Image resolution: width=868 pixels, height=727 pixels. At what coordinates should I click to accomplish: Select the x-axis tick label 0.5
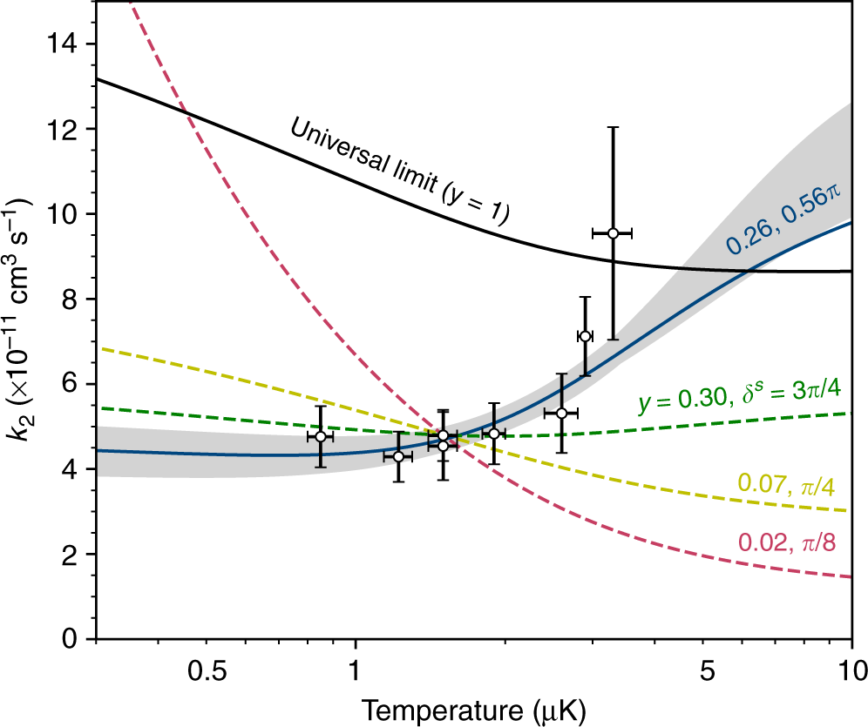click(207, 670)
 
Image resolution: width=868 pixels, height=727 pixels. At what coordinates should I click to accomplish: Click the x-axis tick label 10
click(851, 670)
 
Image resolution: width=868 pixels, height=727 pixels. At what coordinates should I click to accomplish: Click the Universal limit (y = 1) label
click(399, 169)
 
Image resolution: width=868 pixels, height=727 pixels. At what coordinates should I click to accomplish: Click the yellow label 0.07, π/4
click(791, 481)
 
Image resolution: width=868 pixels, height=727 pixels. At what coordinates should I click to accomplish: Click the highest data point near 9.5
click(613, 233)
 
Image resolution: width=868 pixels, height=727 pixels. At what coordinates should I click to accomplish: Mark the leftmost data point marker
click(321, 436)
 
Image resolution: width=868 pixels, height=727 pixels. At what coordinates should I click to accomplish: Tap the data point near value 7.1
click(585, 336)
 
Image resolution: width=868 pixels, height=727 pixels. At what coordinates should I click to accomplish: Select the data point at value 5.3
click(561, 413)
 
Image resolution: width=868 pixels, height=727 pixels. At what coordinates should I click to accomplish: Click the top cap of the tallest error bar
click(613, 127)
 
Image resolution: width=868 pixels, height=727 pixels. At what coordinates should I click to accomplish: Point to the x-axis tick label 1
click(355, 670)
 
